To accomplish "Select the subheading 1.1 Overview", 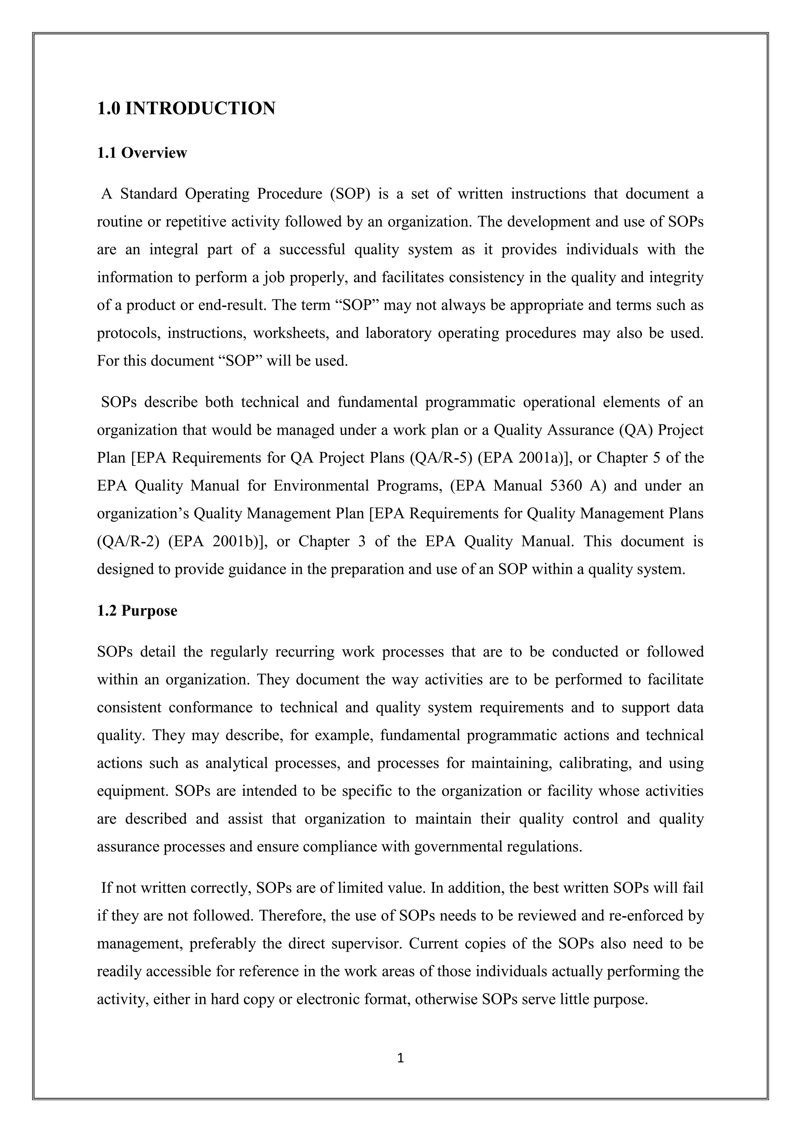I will (x=142, y=153).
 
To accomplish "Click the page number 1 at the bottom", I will (x=400, y=1058).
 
